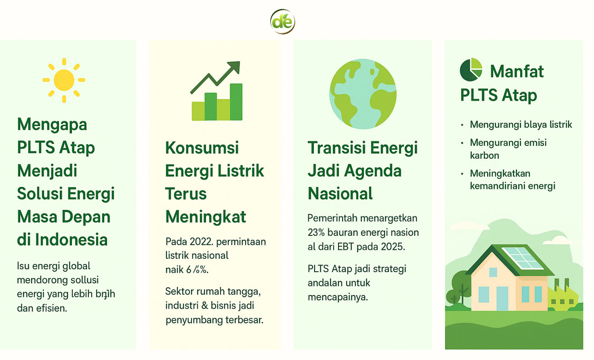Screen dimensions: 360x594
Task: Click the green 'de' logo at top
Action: tap(282, 22)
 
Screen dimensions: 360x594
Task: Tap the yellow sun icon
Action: tap(64, 80)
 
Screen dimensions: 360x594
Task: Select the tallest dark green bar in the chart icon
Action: tap(236, 102)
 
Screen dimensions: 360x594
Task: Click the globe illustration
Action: tap(363, 94)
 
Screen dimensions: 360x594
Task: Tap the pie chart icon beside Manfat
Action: tap(471, 69)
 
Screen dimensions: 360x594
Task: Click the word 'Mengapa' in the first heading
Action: tap(52, 125)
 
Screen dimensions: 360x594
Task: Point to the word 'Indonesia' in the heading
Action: tap(71, 240)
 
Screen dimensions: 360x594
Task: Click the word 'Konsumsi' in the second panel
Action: tap(202, 148)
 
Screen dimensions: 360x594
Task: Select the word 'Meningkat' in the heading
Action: tap(205, 217)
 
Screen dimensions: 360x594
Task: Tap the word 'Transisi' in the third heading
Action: tap(337, 148)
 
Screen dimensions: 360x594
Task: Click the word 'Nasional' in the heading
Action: tap(340, 194)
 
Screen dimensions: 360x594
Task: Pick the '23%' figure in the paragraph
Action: tap(316, 232)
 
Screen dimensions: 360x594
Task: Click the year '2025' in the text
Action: tap(392, 247)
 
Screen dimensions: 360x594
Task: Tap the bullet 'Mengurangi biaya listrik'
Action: tap(521, 125)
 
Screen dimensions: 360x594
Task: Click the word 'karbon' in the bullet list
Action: tap(484, 155)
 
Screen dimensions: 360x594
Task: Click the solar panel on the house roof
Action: tap(522, 258)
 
